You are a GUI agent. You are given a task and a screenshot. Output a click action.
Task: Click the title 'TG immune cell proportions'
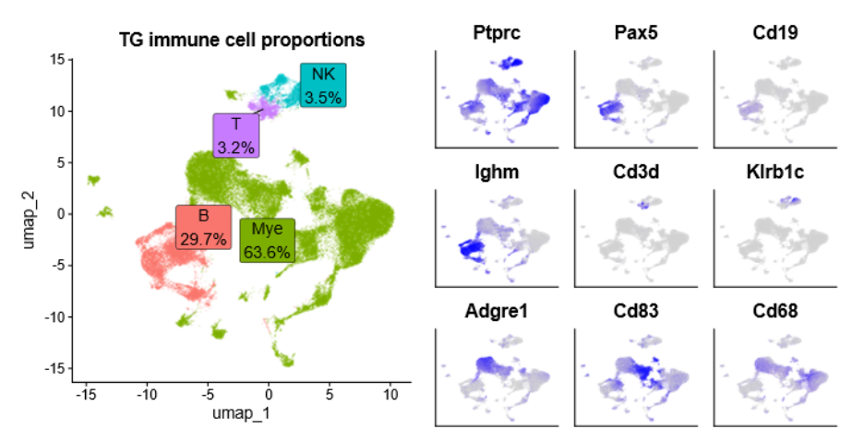coord(242,40)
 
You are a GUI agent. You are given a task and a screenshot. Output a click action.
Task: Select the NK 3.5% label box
coord(323,85)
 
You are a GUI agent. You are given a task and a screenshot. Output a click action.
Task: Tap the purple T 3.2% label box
coord(235,136)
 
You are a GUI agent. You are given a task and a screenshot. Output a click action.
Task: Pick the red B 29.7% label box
coord(203,226)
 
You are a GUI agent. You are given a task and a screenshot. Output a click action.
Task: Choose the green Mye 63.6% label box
coord(268,240)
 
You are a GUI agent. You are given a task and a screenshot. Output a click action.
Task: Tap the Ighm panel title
coord(498,172)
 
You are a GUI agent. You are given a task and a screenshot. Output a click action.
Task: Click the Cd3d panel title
coord(636,172)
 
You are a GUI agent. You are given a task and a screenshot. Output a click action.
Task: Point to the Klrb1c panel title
coord(775,172)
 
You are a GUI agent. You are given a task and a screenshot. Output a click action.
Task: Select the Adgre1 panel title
coord(498,311)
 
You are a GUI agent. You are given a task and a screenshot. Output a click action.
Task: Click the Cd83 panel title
coord(636,311)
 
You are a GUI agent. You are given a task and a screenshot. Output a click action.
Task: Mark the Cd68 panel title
coord(775,311)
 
